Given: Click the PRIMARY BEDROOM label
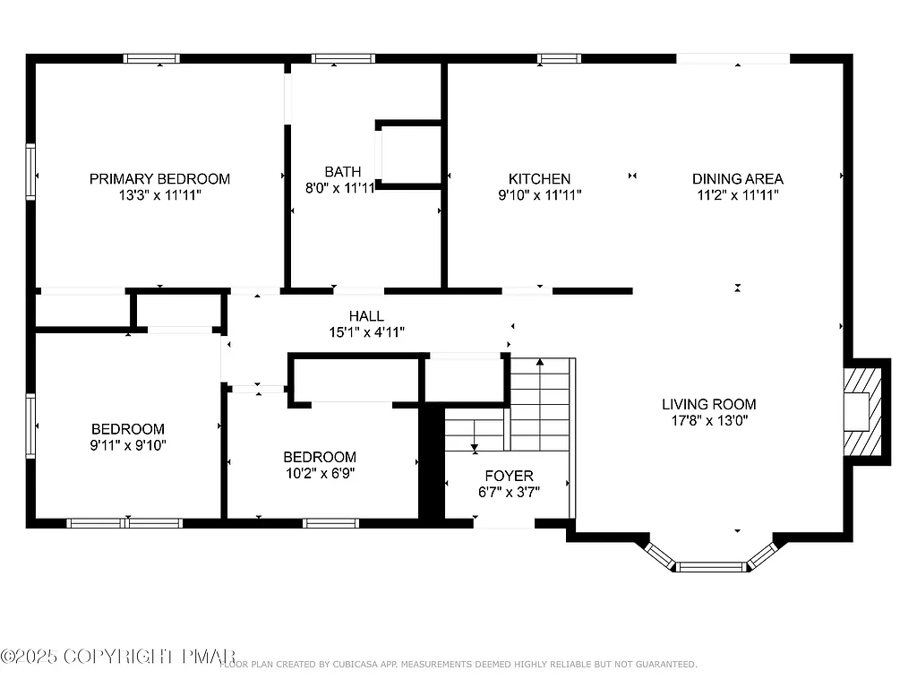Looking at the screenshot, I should point(159,178).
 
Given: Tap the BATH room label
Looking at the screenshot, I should point(343,171).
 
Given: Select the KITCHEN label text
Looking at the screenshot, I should point(539,178).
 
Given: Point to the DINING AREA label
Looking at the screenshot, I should point(737,178).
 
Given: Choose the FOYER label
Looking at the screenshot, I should point(509,476).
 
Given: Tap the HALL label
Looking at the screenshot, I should point(366,316).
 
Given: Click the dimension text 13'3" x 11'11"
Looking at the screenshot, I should point(159,194).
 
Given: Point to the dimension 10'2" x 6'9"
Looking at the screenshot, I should point(320,473).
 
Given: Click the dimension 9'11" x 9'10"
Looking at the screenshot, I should point(128,444).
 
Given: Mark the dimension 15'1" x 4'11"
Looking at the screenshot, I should point(366,332).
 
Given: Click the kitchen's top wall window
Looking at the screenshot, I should point(559,59).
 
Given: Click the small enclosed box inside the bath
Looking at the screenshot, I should point(410,154).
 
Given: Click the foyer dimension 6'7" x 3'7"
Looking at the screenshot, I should point(509,492).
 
